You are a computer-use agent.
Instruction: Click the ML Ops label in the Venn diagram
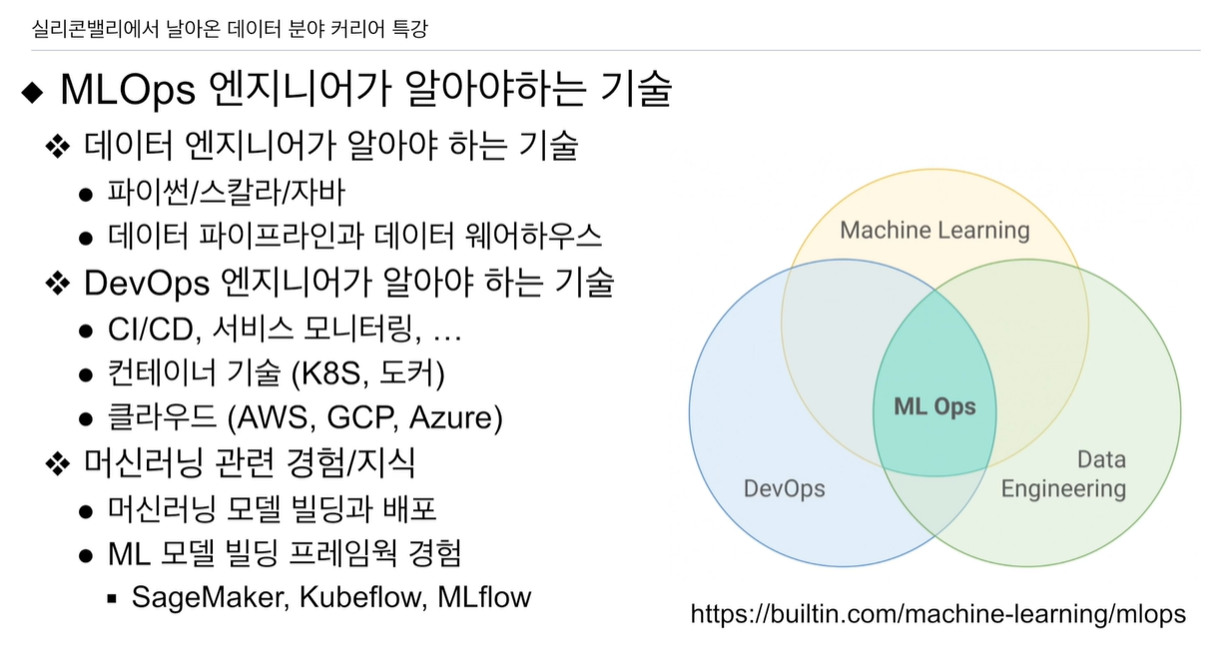(x=933, y=407)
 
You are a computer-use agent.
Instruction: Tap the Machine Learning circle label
(x=934, y=231)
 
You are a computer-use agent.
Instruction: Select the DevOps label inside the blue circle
(x=784, y=488)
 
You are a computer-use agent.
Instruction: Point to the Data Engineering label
(x=1063, y=474)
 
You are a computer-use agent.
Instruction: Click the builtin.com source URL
(x=937, y=613)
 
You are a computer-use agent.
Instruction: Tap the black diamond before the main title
(x=33, y=92)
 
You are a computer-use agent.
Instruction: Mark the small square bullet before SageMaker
(x=112, y=598)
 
